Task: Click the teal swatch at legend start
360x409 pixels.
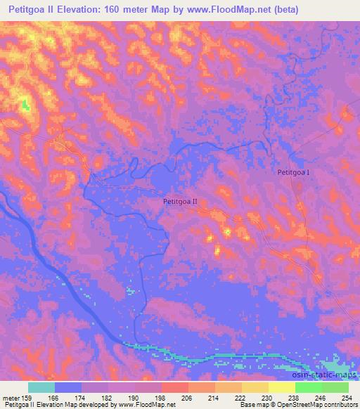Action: pyautogui.click(x=41, y=387)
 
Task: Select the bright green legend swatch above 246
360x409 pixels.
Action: pyautogui.click(x=309, y=387)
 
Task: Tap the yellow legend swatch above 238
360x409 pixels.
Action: pyautogui.click(x=282, y=387)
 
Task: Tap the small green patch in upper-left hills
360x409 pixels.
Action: pyautogui.click(x=26, y=106)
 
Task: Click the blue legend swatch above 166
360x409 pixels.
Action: pyautogui.click(x=68, y=387)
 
